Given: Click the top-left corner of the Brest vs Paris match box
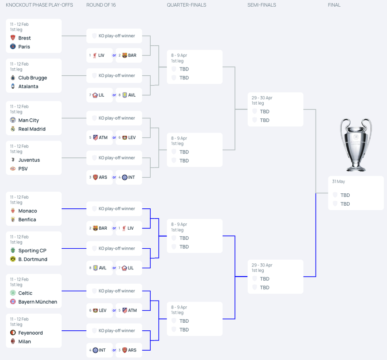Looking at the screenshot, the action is [6, 19].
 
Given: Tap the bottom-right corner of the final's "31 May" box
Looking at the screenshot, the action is [384, 210].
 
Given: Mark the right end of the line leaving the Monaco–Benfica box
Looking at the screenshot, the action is [86, 209].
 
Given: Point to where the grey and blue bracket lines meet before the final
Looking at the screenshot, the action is [316, 193].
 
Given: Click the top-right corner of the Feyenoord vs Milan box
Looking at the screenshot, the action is [62, 314].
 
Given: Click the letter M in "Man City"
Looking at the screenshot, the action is [20, 120].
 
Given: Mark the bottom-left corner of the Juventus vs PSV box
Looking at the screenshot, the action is [6, 175].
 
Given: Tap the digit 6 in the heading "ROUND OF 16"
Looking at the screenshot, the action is [114, 5].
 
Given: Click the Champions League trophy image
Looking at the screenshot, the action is [356, 145].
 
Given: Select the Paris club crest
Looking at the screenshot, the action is [13, 47].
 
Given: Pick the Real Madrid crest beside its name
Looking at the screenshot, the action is [13, 129].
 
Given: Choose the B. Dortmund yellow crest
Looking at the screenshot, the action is [13, 259].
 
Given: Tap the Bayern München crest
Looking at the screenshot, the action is [13, 301].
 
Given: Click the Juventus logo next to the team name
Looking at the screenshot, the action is [13, 160].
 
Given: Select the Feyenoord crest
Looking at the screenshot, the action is [13, 333].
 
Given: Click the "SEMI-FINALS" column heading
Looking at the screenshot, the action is [262, 5].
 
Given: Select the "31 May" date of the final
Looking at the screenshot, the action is [338, 181].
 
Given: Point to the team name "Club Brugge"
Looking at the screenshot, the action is [32, 78].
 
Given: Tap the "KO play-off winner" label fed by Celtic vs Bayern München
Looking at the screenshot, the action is [117, 291].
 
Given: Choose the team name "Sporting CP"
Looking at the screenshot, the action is [32, 250].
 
